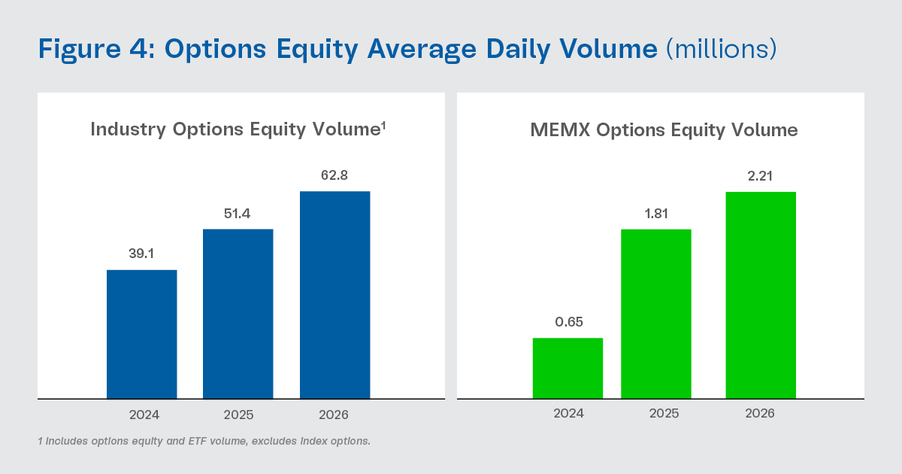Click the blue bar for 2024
(141, 334)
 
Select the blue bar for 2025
(238, 314)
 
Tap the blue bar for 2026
(334, 295)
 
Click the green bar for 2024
(568, 368)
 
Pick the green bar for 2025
(655, 314)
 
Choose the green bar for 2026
(760, 295)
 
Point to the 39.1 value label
(141, 254)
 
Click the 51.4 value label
(238, 214)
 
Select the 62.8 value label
(334, 176)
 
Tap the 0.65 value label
(568, 322)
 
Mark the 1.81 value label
(655, 214)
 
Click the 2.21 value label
(760, 176)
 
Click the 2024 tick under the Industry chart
(144, 415)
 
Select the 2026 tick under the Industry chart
(334, 415)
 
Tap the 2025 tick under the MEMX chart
(664, 414)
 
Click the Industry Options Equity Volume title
(238, 129)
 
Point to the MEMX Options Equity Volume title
(664, 130)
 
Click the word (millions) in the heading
(721, 49)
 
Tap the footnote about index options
(204, 441)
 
